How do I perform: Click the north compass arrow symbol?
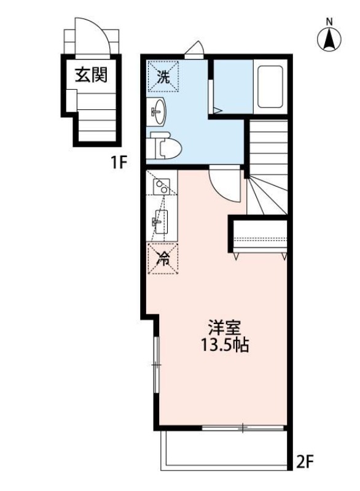point(329,40)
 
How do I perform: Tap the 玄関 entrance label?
point(91,75)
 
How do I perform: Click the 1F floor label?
point(119,163)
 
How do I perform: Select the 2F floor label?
point(305,460)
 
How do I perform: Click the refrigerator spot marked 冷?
point(162,258)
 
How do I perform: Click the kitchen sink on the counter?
point(160,220)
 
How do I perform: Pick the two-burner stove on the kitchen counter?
point(161,185)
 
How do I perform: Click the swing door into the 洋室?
point(224,184)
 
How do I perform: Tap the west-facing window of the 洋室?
point(156,365)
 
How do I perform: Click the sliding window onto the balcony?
point(243,428)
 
